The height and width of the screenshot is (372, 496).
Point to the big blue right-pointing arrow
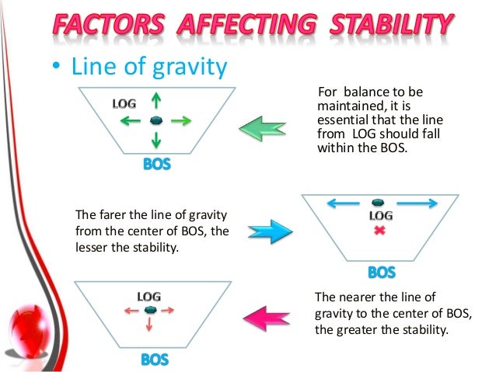tap(270, 231)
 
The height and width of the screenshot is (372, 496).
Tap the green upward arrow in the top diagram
tap(156, 101)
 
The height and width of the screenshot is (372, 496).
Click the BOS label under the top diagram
tap(156, 165)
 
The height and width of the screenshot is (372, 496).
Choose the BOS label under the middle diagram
tap(381, 273)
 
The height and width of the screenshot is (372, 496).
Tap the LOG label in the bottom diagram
tap(149, 296)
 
